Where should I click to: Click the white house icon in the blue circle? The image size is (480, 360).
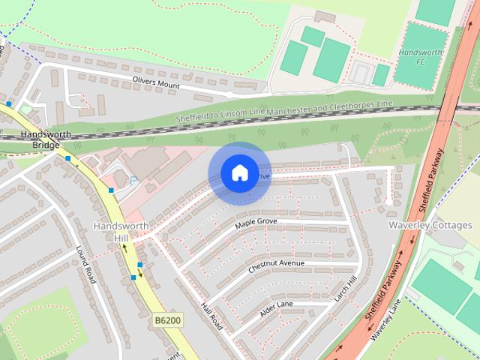(238, 172)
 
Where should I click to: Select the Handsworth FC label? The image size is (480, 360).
(422, 57)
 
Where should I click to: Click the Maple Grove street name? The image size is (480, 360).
(256, 223)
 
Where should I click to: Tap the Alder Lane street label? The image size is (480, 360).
(276, 307)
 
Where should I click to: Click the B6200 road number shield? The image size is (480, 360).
(168, 320)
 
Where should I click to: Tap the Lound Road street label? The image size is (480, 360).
(85, 264)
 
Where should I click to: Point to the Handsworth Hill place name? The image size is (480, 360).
(121, 231)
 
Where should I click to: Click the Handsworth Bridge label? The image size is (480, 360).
(46, 139)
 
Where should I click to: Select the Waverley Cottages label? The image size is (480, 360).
(430, 225)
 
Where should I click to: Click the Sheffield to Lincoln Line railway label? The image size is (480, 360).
(221, 114)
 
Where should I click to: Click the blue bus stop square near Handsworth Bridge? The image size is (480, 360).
(68, 158)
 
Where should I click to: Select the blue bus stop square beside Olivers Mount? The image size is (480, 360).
(9, 103)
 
